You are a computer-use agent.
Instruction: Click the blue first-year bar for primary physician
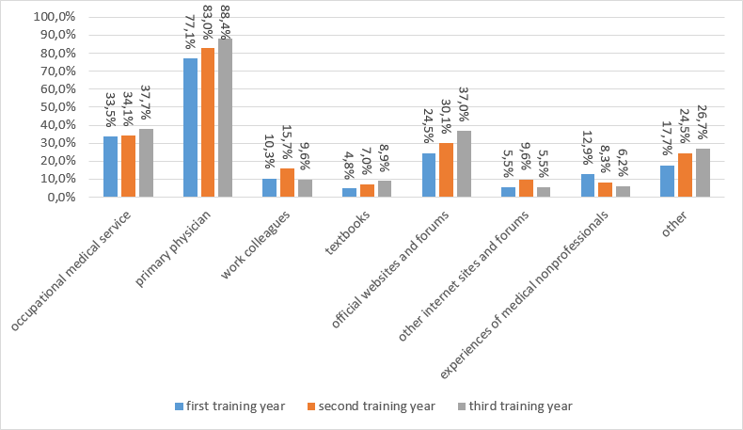pyautogui.click(x=190, y=128)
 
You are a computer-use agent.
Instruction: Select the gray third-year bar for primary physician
pyautogui.click(x=225, y=118)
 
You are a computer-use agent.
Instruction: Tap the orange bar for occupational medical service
pyautogui.click(x=128, y=167)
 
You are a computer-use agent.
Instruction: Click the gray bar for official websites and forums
pyautogui.click(x=464, y=164)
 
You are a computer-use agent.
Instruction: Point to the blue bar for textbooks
pyautogui.click(x=349, y=193)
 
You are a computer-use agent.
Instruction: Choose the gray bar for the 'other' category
pyautogui.click(x=703, y=173)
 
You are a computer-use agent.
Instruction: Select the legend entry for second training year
pyautogui.click(x=369, y=406)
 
